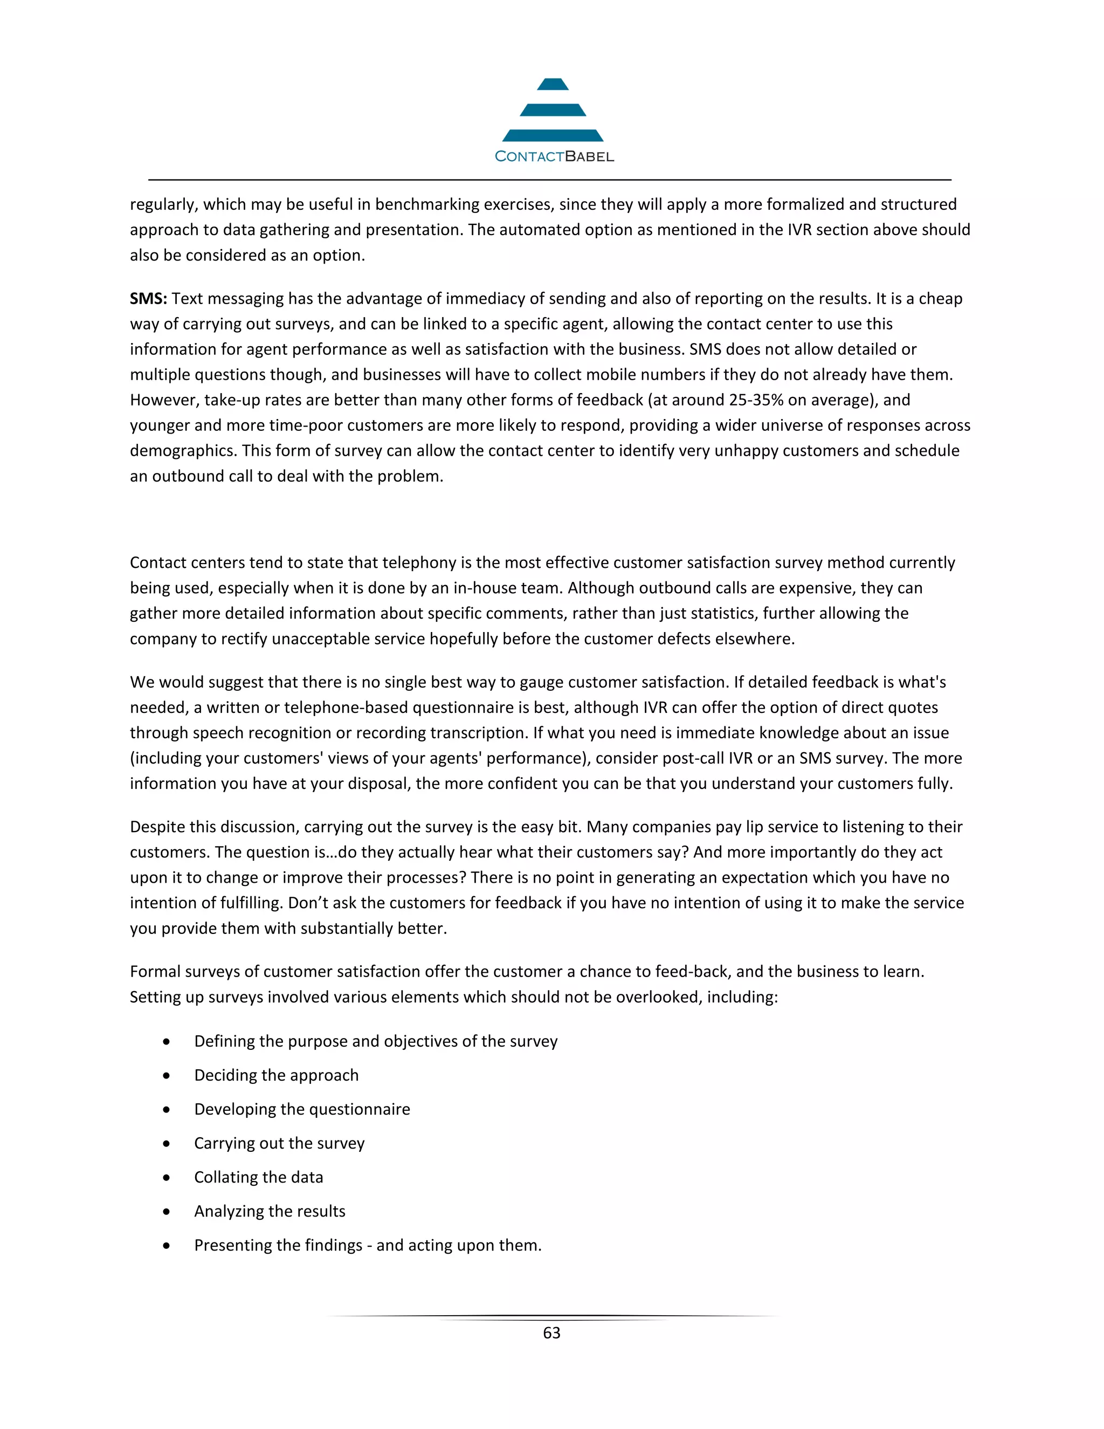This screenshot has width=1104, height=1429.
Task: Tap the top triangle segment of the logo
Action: tap(553, 85)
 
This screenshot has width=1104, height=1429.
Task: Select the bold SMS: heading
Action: tap(148, 299)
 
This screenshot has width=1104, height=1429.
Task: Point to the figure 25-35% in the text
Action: tap(756, 401)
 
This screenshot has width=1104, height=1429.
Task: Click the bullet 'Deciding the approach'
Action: tap(276, 1075)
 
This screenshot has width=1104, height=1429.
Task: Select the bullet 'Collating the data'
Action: tap(258, 1177)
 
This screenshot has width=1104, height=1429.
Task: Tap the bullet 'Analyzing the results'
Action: tap(270, 1211)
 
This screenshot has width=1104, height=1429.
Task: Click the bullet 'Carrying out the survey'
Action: tap(279, 1143)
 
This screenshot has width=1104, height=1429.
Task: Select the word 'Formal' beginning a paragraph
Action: tap(154, 972)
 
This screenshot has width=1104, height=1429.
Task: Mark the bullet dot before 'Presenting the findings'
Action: tap(167, 1246)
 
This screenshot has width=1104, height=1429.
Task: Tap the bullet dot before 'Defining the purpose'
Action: tap(167, 1042)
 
